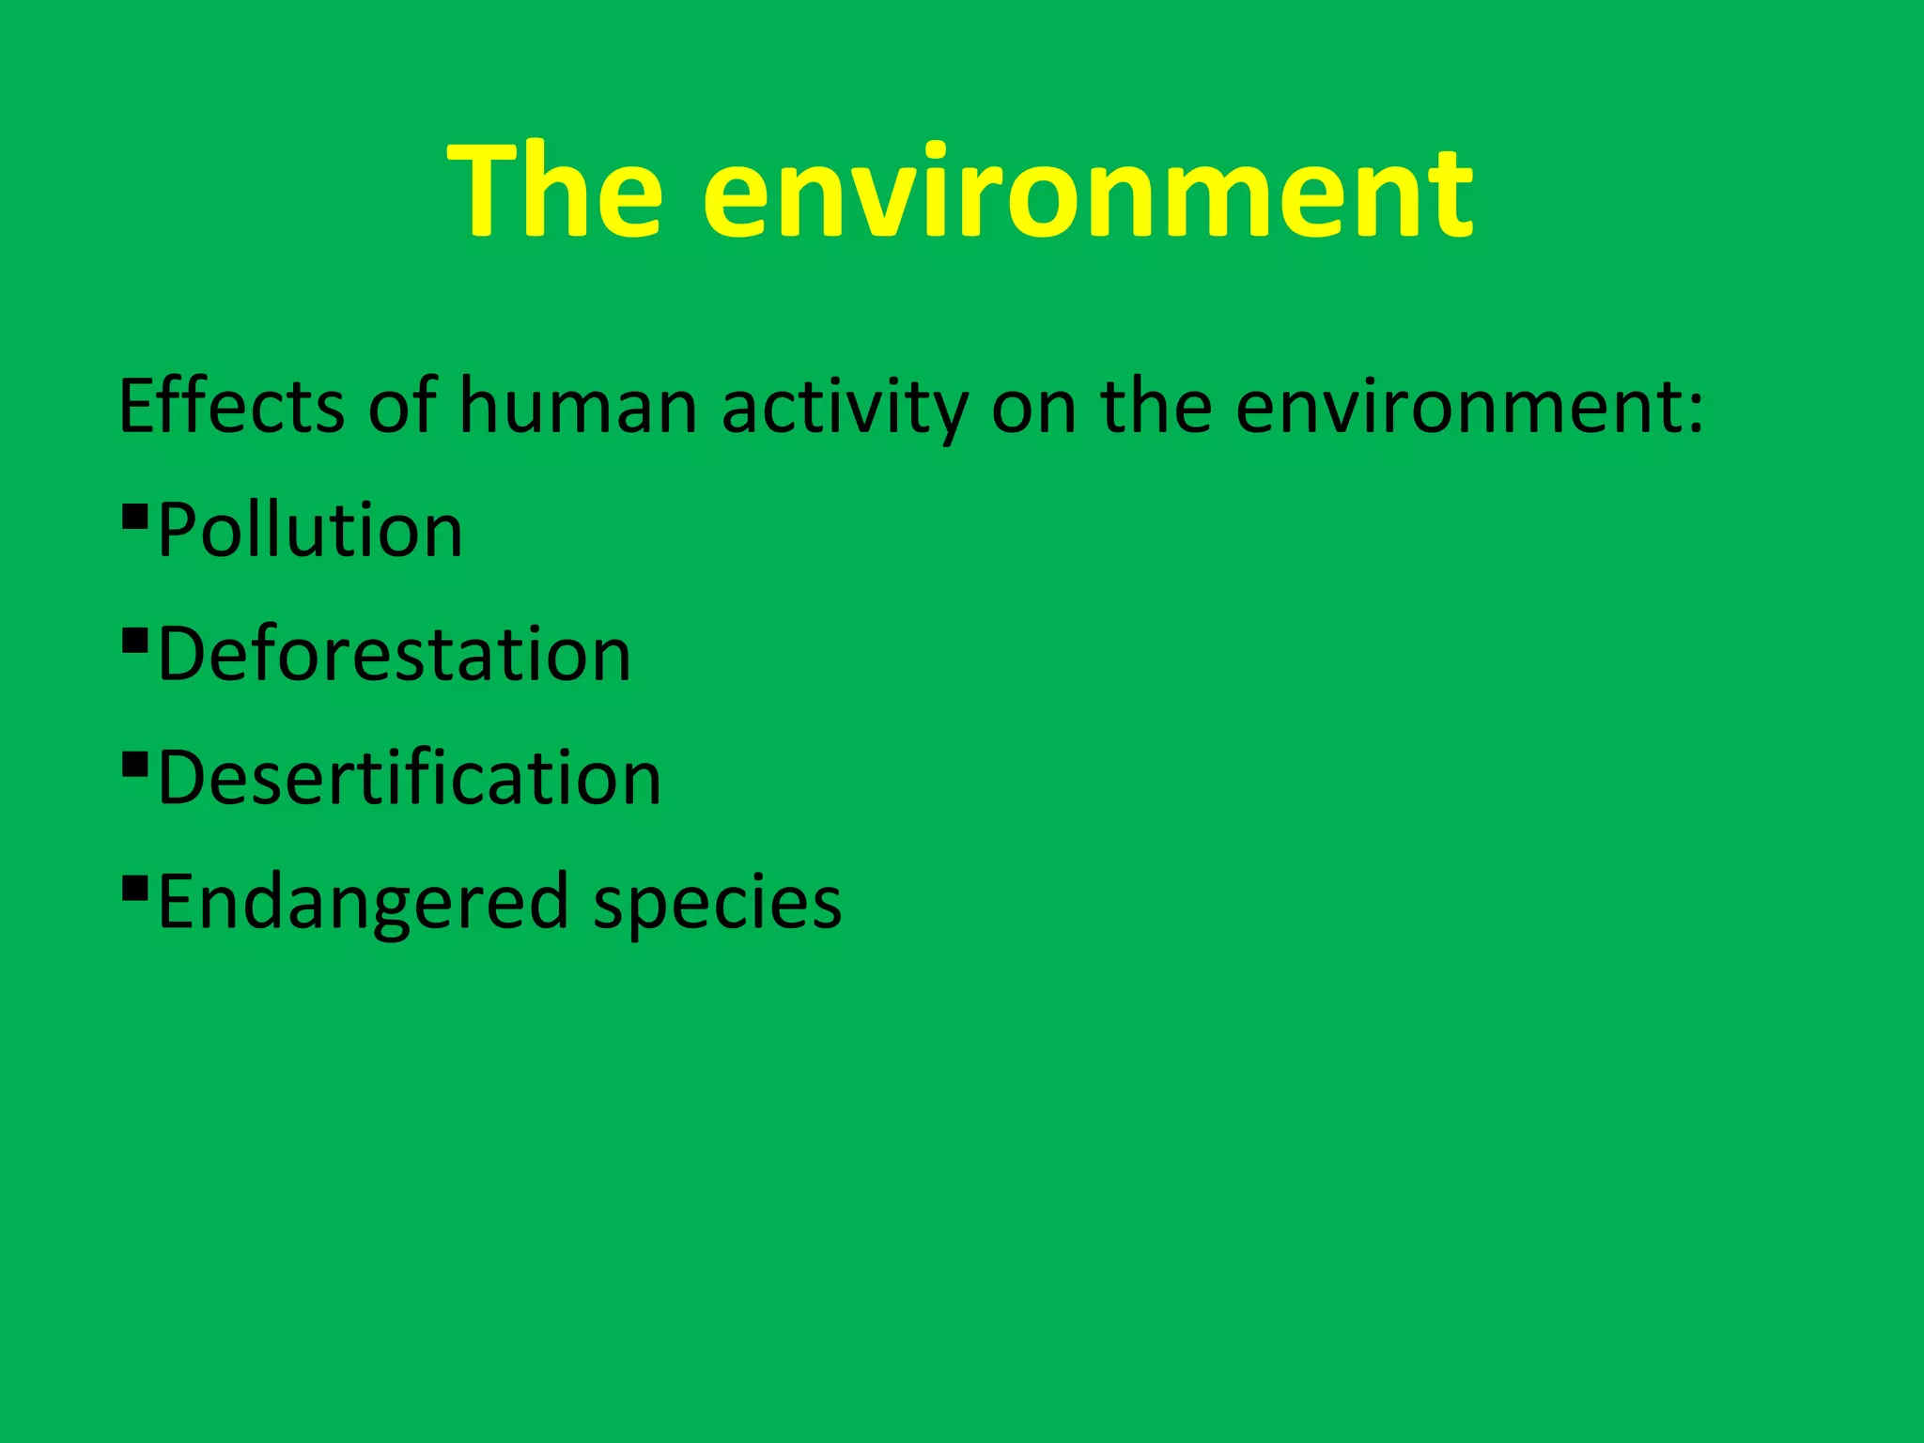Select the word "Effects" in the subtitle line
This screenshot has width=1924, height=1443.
click(231, 406)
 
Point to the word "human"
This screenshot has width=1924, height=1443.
click(578, 408)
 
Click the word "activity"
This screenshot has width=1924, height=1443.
click(844, 408)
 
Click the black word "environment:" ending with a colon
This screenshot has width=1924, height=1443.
click(1468, 408)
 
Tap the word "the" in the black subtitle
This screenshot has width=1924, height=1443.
click(1156, 406)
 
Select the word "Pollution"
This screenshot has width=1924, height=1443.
click(310, 531)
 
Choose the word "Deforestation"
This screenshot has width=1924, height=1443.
click(394, 655)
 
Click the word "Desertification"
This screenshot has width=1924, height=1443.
click(409, 779)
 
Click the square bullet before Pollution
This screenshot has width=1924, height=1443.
click(135, 516)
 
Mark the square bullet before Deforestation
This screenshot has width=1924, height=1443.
click(135, 640)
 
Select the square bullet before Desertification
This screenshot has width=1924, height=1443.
click(135, 764)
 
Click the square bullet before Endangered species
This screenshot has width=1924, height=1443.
click(135, 888)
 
